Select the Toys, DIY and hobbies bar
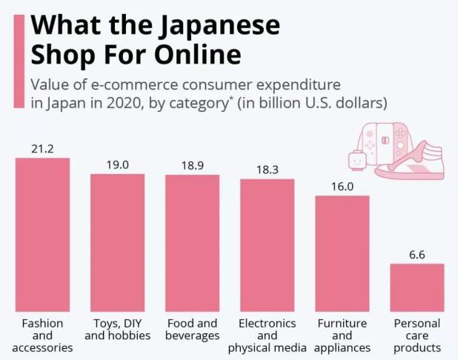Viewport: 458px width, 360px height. [x=117, y=242]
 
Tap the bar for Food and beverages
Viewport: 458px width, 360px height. [x=192, y=243]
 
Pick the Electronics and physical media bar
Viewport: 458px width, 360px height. [x=267, y=245]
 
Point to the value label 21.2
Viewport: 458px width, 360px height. [x=42, y=149]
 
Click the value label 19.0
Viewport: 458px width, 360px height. [x=117, y=164]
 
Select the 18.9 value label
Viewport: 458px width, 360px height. [x=192, y=165]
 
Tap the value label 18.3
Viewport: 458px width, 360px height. [x=267, y=170]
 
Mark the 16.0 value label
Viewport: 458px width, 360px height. [x=342, y=187]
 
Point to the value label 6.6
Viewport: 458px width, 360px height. [x=416, y=255]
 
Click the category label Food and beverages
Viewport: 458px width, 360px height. [x=192, y=330]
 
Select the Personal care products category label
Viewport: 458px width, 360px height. [x=416, y=336]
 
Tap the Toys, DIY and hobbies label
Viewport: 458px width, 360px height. [x=117, y=330]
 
